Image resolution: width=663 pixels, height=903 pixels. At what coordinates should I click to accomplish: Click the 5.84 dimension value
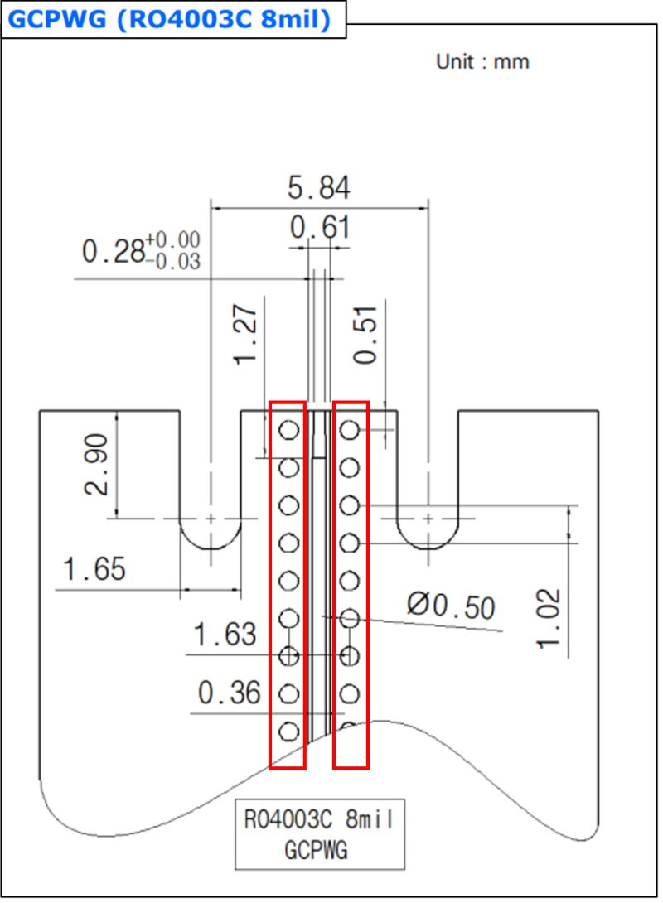pos(318,188)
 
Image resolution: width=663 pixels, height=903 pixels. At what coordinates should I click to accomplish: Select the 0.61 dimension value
pos(320,227)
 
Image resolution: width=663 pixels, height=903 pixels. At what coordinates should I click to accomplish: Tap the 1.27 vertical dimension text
pos(245,334)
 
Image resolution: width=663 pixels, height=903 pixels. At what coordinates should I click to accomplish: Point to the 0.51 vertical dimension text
pos(365,335)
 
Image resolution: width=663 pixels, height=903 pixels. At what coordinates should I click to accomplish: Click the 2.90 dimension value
pos(96,464)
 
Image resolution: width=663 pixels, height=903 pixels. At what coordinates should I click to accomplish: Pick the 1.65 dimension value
pos(94,569)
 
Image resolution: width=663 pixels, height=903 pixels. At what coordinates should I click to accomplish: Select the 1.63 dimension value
pos(225,634)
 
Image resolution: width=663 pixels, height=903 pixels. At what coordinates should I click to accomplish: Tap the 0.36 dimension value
pos(230,693)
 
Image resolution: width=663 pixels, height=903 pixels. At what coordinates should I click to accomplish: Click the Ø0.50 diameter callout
pos(451,606)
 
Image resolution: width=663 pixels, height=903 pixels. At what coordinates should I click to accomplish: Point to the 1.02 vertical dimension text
pos(549,619)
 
